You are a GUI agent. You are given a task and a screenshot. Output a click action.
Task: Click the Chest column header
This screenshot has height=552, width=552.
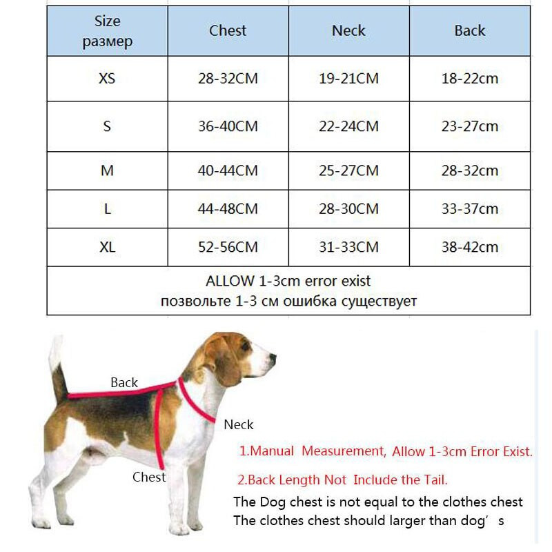tap(228, 30)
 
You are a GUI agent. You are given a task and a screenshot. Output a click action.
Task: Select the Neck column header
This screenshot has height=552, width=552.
tap(348, 30)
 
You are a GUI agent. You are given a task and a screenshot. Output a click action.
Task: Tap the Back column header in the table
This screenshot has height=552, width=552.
tap(469, 30)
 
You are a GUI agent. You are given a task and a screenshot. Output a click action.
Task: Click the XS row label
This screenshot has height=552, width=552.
tap(107, 78)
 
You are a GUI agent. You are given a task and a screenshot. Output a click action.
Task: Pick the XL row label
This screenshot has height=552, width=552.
tap(107, 247)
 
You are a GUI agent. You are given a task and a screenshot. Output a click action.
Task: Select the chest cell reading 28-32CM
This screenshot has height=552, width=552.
tap(228, 78)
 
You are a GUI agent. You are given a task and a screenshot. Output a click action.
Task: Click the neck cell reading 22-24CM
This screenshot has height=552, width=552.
tap(348, 126)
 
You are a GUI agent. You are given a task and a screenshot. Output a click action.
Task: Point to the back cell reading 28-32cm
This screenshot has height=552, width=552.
tap(469, 170)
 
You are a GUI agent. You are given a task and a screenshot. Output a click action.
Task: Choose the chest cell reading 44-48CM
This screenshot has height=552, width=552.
tap(228, 208)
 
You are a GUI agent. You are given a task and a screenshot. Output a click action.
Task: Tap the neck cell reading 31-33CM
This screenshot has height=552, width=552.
tap(348, 247)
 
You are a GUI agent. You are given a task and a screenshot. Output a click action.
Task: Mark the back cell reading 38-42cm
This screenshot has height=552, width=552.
tap(469, 247)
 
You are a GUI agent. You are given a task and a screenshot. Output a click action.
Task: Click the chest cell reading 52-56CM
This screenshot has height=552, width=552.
tap(228, 247)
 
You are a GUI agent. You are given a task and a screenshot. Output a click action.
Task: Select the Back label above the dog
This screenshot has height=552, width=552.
tap(124, 382)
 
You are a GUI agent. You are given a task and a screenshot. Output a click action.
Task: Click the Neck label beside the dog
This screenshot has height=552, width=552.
tap(239, 424)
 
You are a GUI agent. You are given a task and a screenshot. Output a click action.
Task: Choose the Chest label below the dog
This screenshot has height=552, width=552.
tap(149, 477)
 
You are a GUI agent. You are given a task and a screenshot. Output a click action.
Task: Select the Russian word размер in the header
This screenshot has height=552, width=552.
tap(107, 42)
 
